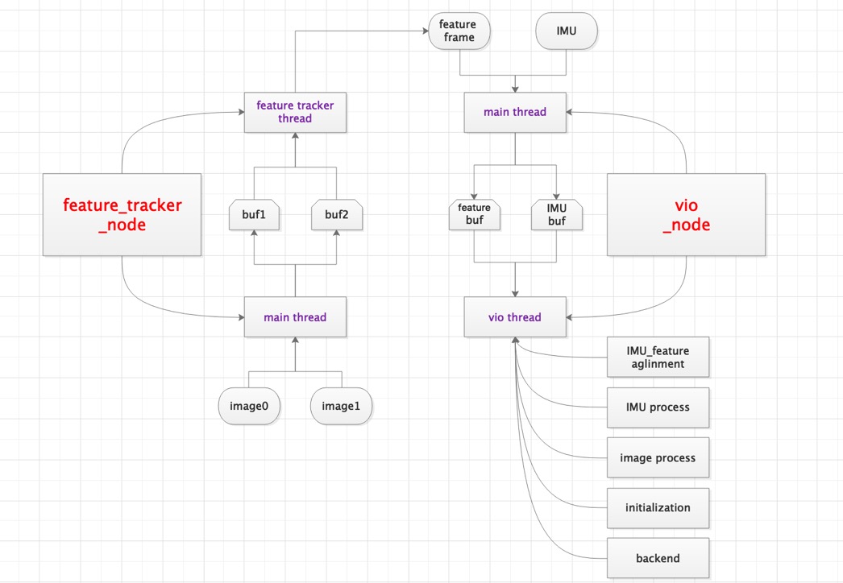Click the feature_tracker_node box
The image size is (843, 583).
122,214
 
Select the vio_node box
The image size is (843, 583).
686,214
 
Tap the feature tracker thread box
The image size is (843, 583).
295,112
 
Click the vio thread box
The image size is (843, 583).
515,317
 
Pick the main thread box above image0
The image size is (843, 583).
295,317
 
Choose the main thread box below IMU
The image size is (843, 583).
515,112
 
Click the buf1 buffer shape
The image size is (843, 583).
254,215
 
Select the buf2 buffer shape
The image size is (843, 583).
337,215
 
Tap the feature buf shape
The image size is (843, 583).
474,214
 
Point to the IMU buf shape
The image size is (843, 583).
557,214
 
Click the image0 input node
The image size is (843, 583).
249,406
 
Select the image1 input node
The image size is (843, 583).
341,406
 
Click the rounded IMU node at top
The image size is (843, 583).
567,31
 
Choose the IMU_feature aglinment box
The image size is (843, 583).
658,357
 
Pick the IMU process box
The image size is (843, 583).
658,407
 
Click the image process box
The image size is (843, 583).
658,457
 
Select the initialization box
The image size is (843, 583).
658,508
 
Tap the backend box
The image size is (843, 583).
658,558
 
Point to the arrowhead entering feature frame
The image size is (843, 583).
424,31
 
